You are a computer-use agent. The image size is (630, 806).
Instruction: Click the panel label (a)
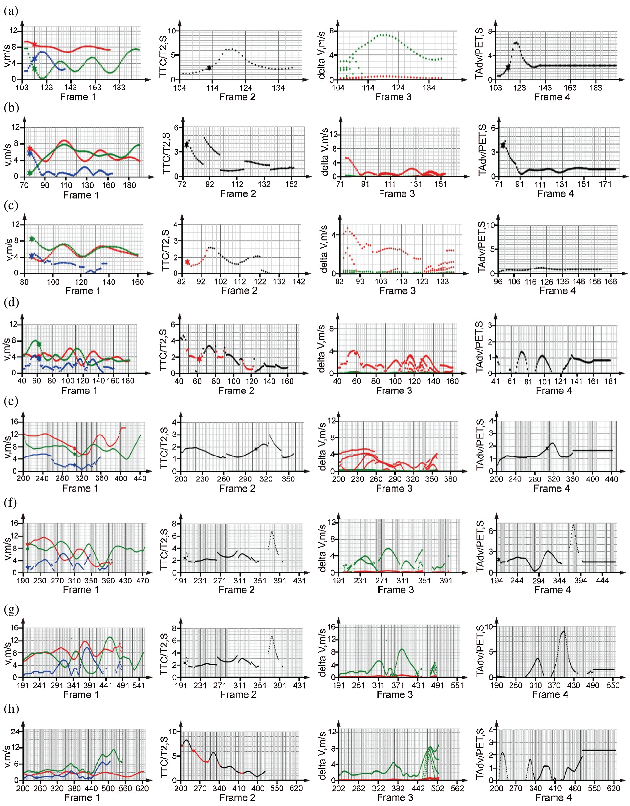click(11, 11)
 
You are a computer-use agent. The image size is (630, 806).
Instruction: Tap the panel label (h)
click(11, 709)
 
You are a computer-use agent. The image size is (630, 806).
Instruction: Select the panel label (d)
click(11, 302)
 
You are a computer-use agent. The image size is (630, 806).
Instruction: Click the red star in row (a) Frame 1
click(35, 44)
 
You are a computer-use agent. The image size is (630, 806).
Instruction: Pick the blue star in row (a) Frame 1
click(34, 59)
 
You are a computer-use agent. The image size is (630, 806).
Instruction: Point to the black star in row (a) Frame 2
click(209, 68)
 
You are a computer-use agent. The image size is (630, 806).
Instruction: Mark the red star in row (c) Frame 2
click(187, 262)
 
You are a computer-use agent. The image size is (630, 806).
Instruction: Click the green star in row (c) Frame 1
click(32, 239)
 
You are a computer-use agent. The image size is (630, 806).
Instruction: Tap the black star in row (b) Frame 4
click(503, 145)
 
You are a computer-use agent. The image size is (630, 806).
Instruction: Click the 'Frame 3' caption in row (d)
click(394, 391)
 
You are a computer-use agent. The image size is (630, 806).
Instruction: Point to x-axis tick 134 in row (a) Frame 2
click(278, 88)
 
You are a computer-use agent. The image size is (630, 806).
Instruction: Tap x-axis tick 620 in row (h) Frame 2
click(296, 788)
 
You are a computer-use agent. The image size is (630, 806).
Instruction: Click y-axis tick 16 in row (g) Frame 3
click(331, 626)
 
